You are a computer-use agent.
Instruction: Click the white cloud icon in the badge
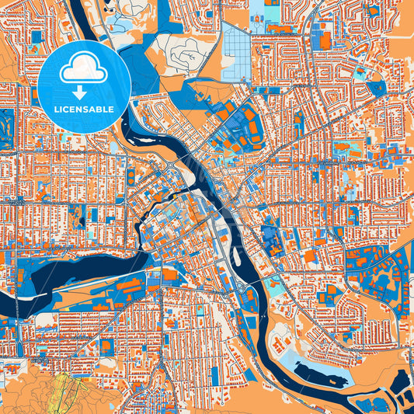point(84,70)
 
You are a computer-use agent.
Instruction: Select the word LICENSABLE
point(84,110)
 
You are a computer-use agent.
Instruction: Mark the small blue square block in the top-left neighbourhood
point(36,37)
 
